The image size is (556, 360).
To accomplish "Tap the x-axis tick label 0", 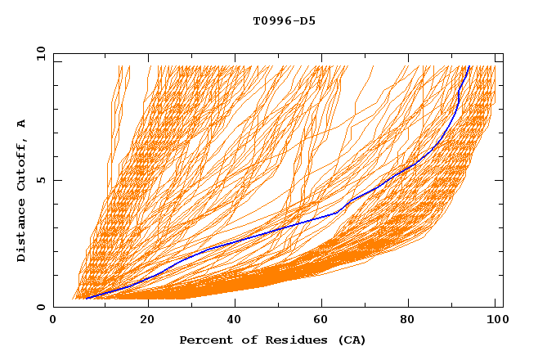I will click(x=53, y=321).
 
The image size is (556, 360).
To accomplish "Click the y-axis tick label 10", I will click(x=40, y=54).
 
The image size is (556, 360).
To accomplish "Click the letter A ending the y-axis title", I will click(x=21, y=124).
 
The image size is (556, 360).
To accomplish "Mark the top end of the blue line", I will click(x=469, y=67).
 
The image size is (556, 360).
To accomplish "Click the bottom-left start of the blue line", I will click(x=86, y=299).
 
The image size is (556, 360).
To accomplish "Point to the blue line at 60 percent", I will click(x=319, y=218).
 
